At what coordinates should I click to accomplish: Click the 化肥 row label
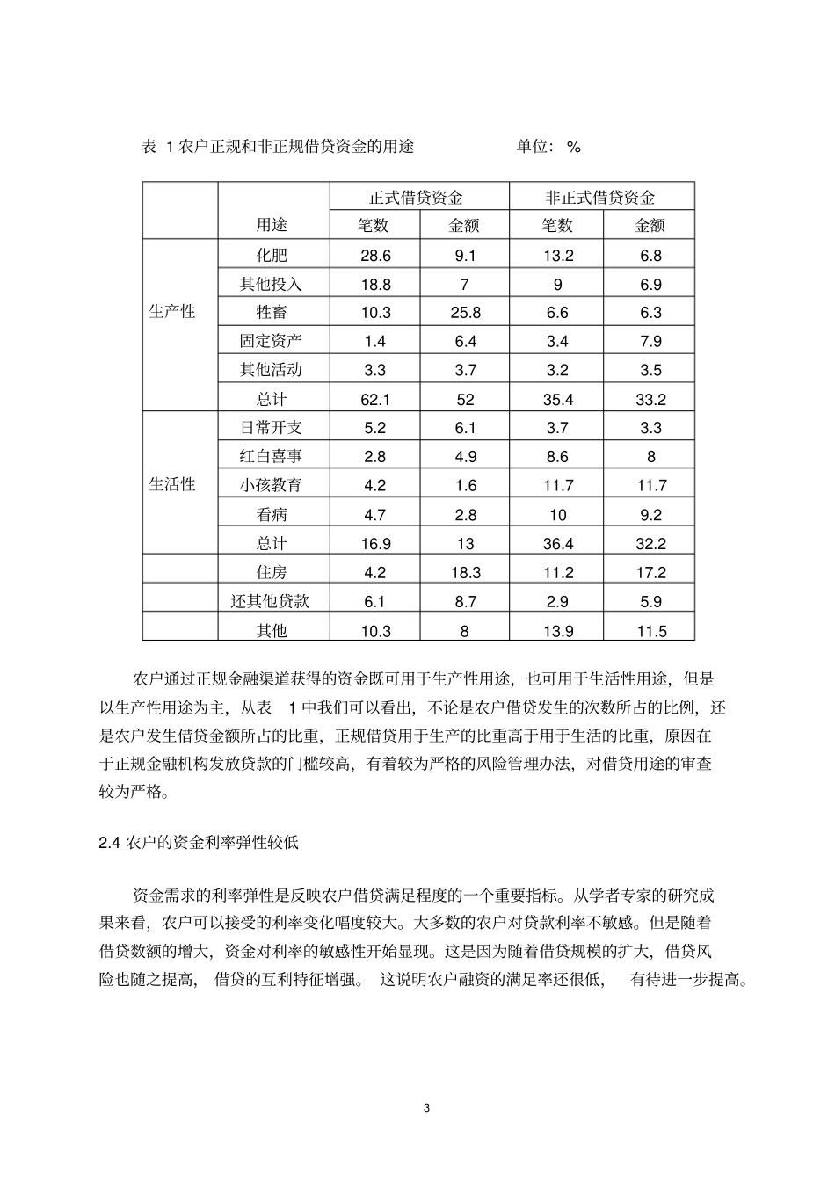(272, 255)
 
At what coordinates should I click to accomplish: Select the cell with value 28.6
(375, 255)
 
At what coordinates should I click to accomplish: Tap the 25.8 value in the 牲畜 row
(465, 312)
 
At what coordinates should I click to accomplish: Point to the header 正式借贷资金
(419, 198)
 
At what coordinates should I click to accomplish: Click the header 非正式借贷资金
(600, 198)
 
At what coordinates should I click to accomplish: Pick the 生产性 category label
(172, 311)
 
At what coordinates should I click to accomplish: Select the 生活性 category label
(172, 484)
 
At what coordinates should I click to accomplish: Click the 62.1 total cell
(375, 399)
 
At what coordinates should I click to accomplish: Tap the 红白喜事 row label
(272, 456)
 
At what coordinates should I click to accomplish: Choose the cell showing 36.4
(557, 543)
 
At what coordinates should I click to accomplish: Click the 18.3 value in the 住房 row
(465, 572)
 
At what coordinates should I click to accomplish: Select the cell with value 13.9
(557, 630)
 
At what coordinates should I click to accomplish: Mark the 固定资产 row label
(272, 340)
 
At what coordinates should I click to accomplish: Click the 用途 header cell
(272, 225)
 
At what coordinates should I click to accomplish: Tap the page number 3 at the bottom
(427, 1107)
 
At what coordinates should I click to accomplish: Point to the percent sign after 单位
(573, 147)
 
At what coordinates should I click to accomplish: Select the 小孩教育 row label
(272, 485)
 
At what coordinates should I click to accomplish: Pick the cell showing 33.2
(650, 399)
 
